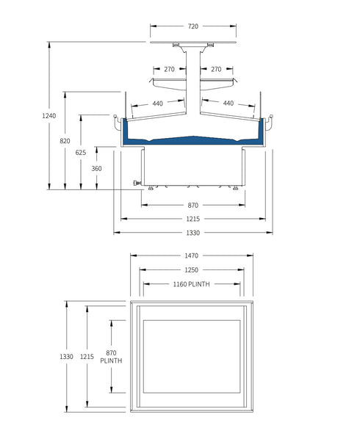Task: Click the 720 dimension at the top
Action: (x=192, y=26)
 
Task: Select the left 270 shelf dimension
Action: (x=169, y=69)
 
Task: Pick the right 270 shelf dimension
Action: (x=216, y=69)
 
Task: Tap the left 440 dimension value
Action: (x=157, y=104)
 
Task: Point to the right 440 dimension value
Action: (x=228, y=104)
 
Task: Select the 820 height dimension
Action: (x=65, y=140)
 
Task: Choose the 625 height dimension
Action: (x=81, y=152)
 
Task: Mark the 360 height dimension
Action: (x=96, y=168)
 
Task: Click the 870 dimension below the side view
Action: (x=192, y=204)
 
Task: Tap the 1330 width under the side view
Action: (x=192, y=232)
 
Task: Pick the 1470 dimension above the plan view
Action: (x=192, y=255)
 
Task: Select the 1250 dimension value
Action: (x=192, y=269)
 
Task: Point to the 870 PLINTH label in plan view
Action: (x=111, y=357)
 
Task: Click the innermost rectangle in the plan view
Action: (x=192, y=356)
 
